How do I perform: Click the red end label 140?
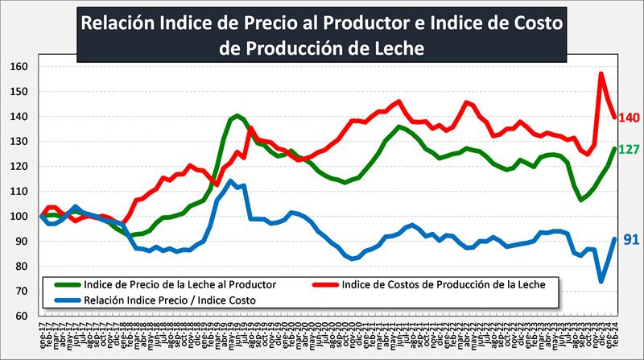(x=629, y=118)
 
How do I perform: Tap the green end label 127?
(x=629, y=150)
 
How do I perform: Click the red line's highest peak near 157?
(x=601, y=74)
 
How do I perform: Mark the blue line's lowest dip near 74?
(x=601, y=281)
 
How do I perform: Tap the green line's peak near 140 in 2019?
(x=237, y=116)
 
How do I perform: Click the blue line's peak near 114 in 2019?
(x=231, y=181)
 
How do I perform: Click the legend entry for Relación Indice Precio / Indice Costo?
(x=173, y=300)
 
